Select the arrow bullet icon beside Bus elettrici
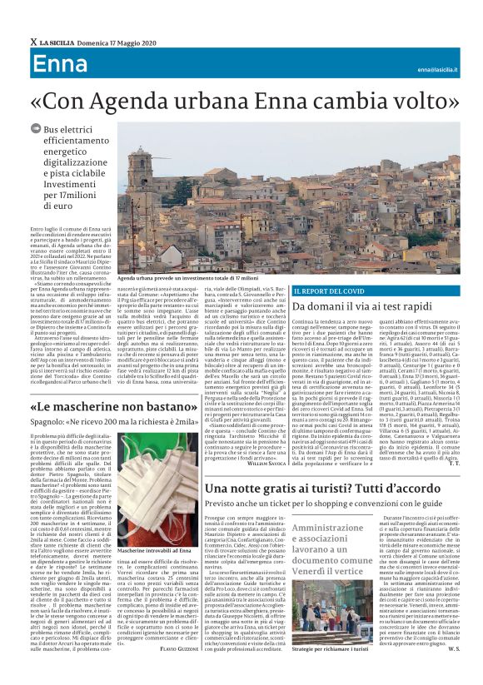pyautogui.click(x=35, y=129)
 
